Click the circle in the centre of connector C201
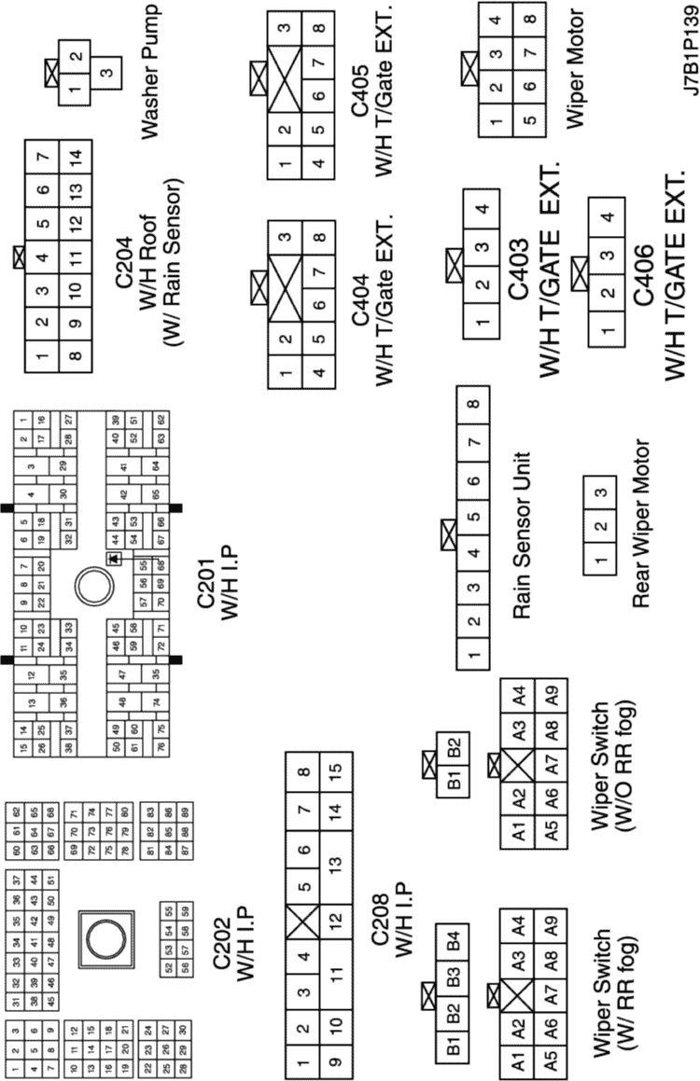(93, 588)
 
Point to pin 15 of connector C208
(333, 772)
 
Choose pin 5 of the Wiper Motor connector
(529, 118)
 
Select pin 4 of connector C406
(608, 217)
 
